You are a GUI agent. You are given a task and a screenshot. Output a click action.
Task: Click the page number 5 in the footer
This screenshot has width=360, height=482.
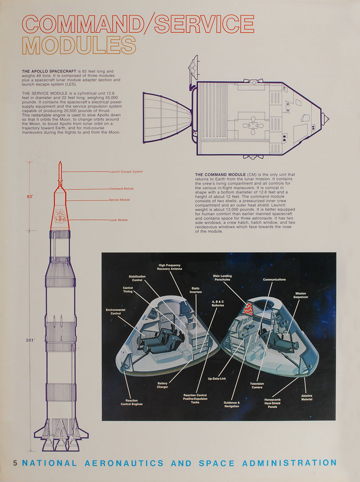(15, 464)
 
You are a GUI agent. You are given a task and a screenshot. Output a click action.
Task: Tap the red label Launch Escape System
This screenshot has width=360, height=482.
(126, 172)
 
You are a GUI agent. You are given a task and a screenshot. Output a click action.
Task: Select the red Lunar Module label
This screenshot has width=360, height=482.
(119, 220)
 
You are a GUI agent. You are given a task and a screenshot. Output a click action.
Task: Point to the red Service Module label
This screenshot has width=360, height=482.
(120, 200)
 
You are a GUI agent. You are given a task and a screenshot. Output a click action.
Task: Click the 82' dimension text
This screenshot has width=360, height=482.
(30, 197)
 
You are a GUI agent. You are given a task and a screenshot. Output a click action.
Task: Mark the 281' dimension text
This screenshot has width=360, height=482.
(30, 340)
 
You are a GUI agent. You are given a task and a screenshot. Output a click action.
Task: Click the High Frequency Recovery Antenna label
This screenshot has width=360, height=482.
(169, 267)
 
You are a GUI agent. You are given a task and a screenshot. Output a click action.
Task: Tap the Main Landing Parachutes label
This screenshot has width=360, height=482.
(222, 278)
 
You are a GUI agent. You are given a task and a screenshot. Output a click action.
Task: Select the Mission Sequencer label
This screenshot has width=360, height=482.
(301, 295)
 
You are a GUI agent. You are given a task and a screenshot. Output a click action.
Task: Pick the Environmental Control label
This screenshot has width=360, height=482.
(116, 311)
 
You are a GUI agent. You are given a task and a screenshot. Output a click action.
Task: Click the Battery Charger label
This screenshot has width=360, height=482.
(162, 385)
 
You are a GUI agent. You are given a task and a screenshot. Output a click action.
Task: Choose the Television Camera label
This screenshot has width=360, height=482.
(257, 385)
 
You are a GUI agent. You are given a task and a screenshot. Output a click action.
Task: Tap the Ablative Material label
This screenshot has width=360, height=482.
(307, 397)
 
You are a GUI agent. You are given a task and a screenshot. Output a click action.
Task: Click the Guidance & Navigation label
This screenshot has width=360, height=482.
(232, 404)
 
